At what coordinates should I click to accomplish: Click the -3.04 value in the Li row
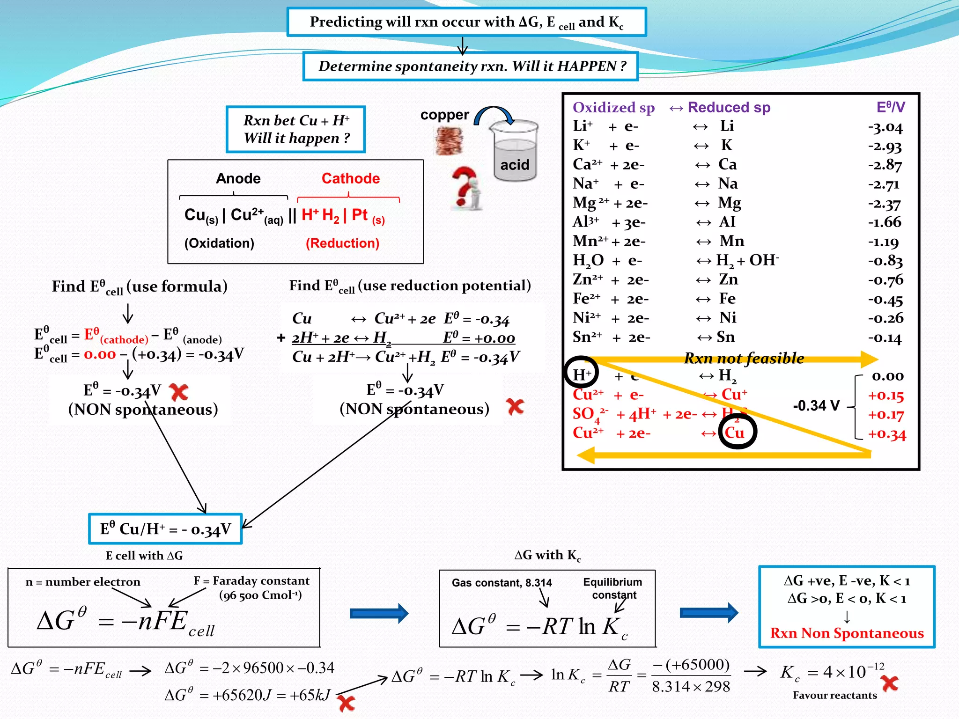(885, 127)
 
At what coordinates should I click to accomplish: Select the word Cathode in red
(350, 178)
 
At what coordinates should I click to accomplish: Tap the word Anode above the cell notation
(238, 178)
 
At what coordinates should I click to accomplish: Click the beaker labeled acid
(515, 152)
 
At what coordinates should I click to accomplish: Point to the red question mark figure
(466, 188)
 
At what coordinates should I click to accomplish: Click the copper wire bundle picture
(449, 141)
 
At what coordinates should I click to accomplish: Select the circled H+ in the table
(581, 374)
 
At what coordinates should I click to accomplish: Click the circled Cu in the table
(736, 432)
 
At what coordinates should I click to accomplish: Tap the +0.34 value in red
(886, 434)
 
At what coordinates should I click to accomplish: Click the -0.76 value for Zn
(885, 280)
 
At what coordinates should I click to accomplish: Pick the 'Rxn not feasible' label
(744, 358)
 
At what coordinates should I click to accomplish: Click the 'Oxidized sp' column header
(613, 108)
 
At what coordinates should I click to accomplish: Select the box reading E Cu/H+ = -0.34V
(165, 529)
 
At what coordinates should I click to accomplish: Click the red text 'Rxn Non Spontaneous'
(847, 633)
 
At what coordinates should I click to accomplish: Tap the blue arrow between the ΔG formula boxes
(379, 613)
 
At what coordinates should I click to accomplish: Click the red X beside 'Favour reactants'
(890, 683)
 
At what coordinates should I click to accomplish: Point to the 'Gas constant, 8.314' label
(502, 583)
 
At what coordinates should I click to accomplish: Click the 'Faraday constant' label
(251, 581)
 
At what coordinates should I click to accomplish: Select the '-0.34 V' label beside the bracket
(816, 405)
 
